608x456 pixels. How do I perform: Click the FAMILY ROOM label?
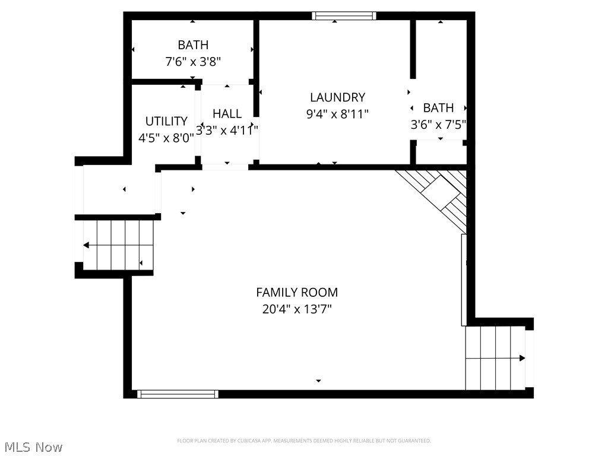point(297,292)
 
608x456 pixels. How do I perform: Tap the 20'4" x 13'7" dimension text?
point(297,309)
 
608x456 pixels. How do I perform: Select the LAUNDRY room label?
point(337,97)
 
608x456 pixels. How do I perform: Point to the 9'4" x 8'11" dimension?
point(337,114)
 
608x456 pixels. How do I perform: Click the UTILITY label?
point(166,121)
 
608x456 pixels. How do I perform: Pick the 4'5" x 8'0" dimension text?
point(166,138)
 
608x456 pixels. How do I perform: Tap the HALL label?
point(227,113)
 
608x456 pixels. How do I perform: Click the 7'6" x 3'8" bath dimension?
point(193,61)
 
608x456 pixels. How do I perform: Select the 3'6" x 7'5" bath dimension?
point(438,125)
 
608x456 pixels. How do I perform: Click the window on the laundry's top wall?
point(344,16)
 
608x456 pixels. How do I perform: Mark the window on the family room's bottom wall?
point(178,394)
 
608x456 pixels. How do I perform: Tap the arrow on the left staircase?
point(87,245)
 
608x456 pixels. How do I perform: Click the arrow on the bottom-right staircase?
point(521,358)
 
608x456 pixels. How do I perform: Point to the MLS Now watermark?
point(33,446)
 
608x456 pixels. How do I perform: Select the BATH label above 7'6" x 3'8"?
point(193,45)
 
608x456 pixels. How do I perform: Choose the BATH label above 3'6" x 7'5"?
point(438,108)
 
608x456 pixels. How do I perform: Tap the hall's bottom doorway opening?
point(225,167)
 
